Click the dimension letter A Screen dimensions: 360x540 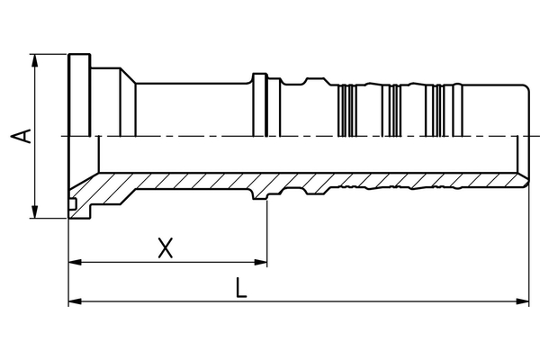click(25, 137)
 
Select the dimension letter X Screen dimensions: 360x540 click(165, 247)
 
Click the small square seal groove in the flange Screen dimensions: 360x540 click(71, 209)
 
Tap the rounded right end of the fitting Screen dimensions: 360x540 click(524, 135)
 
